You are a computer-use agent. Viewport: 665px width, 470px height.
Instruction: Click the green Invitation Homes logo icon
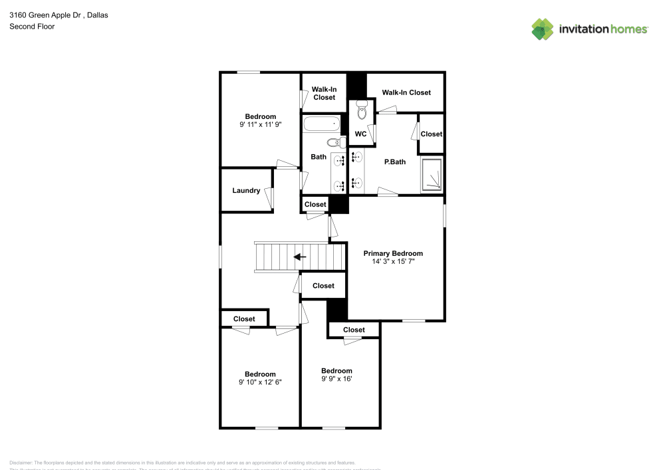(543, 29)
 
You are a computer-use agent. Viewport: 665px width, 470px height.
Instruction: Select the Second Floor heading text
(32, 27)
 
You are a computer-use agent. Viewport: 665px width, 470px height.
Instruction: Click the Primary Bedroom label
(392, 253)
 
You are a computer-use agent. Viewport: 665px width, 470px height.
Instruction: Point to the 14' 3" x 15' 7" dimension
(392, 262)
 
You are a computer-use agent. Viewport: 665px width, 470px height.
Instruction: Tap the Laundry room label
(246, 191)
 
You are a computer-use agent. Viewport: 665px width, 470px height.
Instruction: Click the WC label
(360, 134)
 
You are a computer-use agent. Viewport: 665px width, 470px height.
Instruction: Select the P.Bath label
(394, 162)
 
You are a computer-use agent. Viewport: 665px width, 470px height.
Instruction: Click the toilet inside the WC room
(362, 110)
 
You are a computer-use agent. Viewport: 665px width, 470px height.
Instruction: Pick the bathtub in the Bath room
(322, 124)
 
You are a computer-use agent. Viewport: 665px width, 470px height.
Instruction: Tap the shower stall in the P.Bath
(432, 175)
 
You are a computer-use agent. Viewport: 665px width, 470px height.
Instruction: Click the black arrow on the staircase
(300, 257)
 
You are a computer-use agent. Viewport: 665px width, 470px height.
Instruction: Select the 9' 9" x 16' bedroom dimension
(336, 379)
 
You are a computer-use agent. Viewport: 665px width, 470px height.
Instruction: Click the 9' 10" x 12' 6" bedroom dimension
(259, 382)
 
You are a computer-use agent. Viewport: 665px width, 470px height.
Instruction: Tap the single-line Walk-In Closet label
(406, 92)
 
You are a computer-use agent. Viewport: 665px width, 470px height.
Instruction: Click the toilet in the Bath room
(334, 142)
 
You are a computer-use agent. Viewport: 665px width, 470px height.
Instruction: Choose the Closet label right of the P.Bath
(431, 134)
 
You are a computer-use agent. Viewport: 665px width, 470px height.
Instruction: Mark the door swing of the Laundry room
(270, 197)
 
